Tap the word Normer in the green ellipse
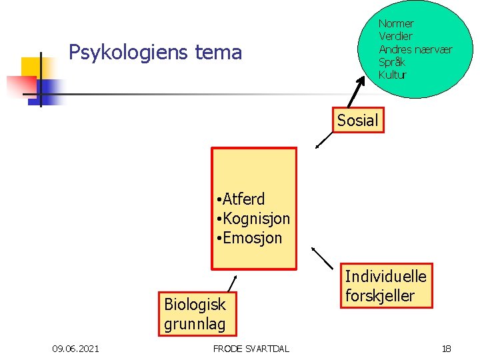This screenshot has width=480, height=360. click(x=396, y=24)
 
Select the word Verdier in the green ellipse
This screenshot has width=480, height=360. click(x=395, y=37)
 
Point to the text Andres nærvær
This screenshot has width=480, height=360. click(x=415, y=49)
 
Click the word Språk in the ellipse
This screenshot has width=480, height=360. click(x=392, y=62)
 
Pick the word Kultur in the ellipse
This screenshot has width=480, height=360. click(x=392, y=75)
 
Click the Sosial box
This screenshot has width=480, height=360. click(x=357, y=121)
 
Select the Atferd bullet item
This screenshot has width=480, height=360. click(x=243, y=199)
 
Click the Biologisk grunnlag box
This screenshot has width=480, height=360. click(x=195, y=314)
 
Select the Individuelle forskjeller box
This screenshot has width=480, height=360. click(x=385, y=285)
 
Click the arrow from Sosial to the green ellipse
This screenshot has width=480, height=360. click(x=360, y=89)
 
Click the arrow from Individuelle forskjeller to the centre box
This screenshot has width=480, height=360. click(x=323, y=258)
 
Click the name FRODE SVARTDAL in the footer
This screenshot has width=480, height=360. click(x=251, y=348)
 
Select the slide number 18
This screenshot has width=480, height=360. click(x=446, y=348)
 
